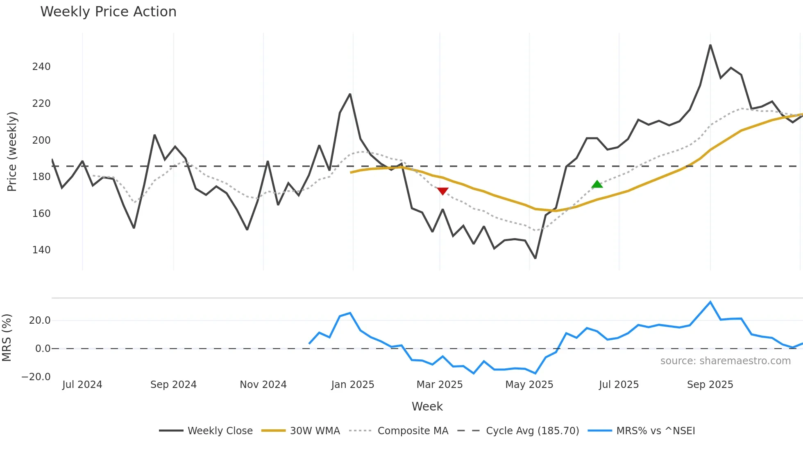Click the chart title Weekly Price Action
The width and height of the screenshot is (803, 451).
(108, 12)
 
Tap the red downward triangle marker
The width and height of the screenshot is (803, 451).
(442, 191)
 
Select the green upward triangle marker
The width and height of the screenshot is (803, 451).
(597, 184)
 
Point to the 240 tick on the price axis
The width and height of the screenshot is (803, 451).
(41, 67)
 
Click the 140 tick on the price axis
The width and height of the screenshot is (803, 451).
(41, 250)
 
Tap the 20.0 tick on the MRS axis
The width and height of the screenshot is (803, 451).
(40, 320)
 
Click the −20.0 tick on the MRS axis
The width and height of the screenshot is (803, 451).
(36, 377)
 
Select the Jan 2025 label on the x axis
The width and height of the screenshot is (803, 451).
(353, 385)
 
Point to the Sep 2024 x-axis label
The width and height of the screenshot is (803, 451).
(173, 385)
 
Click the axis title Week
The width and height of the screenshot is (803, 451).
(427, 406)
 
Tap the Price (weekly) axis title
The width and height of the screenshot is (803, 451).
(12, 151)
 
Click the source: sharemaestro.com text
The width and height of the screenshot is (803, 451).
(725, 361)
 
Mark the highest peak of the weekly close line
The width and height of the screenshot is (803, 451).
(710, 45)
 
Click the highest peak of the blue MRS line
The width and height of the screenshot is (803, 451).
(710, 302)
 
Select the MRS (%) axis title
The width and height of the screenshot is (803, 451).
(7, 338)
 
